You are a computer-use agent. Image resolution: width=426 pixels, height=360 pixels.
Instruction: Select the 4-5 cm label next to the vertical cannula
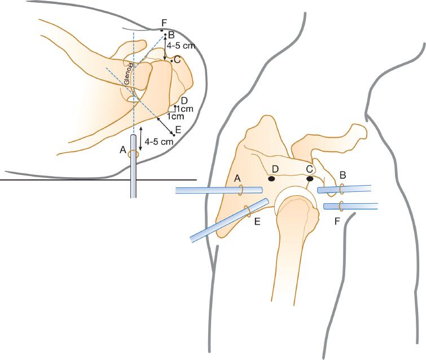pyautogui.click(x=159, y=142)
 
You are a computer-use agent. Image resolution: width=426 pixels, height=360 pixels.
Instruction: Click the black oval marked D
pyautogui.click(x=271, y=179)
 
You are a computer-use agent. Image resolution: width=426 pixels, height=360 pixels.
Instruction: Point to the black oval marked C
pyautogui.click(x=309, y=179)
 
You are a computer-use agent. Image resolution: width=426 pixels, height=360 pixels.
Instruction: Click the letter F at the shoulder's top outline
pyautogui.click(x=164, y=23)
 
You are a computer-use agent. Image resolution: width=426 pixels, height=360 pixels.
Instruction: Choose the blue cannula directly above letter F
pyautogui.click(x=350, y=207)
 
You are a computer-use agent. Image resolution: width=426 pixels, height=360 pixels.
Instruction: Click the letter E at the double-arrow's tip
pyautogui.click(x=178, y=130)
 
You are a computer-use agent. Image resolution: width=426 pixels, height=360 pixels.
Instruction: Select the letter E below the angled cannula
pyautogui.click(x=257, y=222)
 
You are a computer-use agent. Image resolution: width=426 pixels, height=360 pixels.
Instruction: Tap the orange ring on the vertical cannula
pyautogui.click(x=134, y=154)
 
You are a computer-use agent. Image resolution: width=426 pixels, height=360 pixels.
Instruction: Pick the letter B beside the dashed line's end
pyautogui.click(x=168, y=34)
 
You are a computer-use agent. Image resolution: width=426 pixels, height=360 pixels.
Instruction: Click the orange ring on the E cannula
pyautogui.click(x=247, y=212)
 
